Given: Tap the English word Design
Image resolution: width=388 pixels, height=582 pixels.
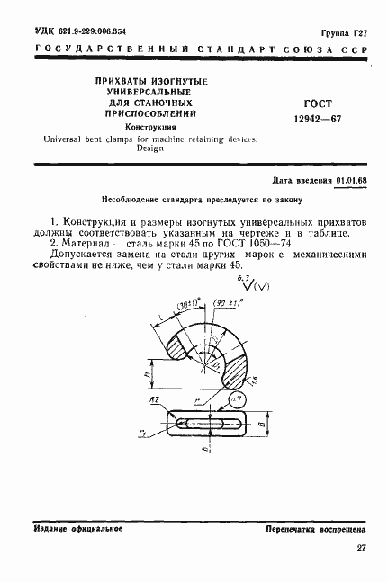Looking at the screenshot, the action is pyautogui.click(x=137, y=148).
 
